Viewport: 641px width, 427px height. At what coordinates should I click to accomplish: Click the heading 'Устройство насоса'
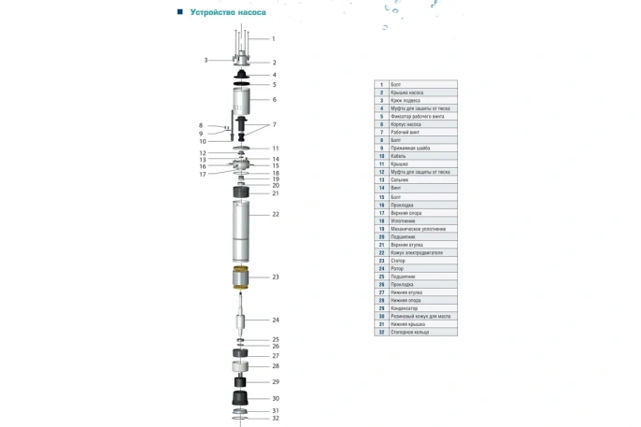pyautogui.click(x=228, y=13)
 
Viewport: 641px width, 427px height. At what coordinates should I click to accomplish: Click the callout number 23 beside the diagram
pyautogui.click(x=276, y=278)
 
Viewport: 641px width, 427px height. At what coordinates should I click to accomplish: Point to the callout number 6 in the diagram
pyautogui.click(x=274, y=100)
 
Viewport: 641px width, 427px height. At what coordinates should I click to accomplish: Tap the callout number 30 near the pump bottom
pyautogui.click(x=275, y=399)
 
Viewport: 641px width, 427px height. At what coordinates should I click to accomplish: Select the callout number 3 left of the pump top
pyautogui.click(x=206, y=60)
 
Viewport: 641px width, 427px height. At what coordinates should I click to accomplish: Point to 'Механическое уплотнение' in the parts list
pyautogui.click(x=418, y=229)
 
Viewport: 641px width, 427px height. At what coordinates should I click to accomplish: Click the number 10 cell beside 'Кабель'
pyautogui.click(x=381, y=156)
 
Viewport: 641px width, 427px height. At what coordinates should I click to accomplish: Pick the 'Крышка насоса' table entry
pyautogui.click(x=406, y=93)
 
